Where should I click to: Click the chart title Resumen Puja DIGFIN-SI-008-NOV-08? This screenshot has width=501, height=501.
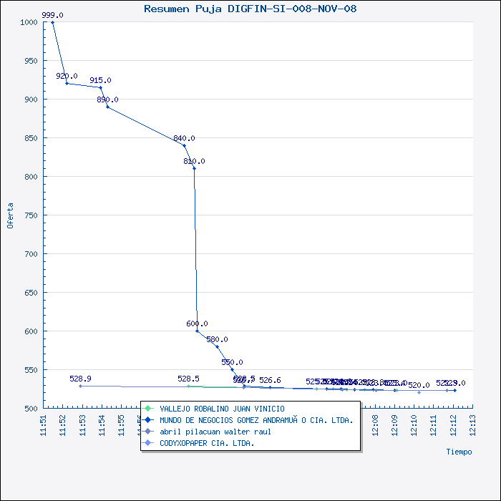coord(250,9)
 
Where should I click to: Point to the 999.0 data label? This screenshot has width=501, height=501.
coord(52,15)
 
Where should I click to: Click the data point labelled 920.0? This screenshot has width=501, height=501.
coord(67,84)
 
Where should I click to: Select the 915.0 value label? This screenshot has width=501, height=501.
coord(100,80)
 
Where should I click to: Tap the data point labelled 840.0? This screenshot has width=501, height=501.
coord(184,145)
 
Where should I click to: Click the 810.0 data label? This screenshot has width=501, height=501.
coord(194,161)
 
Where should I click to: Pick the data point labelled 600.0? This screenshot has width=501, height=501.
coord(197,331)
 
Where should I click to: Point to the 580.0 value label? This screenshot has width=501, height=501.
coord(217,339)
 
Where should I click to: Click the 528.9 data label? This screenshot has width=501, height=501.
coord(80,378)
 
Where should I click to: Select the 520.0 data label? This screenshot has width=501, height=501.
coord(419,385)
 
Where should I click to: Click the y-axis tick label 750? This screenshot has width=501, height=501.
coord(30,215)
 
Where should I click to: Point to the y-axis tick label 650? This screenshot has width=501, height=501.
coord(30,293)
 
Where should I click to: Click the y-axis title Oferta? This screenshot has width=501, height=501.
coord(10,215)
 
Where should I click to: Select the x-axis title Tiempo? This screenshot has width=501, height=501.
coord(459,452)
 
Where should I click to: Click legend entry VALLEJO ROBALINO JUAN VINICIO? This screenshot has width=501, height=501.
coord(222,409)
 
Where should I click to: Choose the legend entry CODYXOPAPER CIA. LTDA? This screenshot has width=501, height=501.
coord(207,443)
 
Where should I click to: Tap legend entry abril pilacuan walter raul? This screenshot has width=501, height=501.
coord(215,432)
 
